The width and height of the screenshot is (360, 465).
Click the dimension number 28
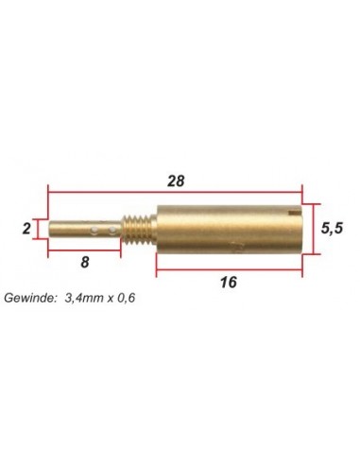tap(176, 181)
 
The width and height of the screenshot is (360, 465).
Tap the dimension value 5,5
tap(332, 228)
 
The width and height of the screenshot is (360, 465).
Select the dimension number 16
tap(229, 283)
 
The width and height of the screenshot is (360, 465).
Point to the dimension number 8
tap(85, 262)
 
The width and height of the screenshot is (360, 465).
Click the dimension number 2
tap(26, 229)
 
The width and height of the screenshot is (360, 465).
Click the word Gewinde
tap(30, 298)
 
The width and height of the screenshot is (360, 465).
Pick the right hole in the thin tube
tap(112, 231)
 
